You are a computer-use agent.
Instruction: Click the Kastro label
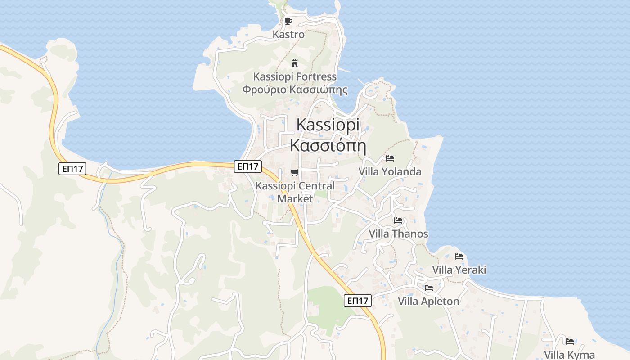(x=288, y=34)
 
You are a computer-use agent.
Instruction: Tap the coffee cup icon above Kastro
(x=288, y=21)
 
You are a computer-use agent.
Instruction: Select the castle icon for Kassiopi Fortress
(x=295, y=63)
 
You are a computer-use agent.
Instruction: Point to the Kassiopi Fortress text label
(x=295, y=76)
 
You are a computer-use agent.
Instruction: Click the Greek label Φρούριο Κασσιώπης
(x=295, y=90)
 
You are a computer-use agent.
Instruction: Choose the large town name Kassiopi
(x=328, y=125)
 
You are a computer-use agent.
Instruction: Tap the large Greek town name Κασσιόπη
(x=328, y=146)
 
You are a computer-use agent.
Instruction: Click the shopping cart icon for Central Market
(x=295, y=172)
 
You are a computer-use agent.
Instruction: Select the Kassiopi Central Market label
(x=295, y=192)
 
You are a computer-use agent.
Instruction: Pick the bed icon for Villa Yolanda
(x=390, y=158)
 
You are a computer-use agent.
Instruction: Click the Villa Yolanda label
(x=390, y=171)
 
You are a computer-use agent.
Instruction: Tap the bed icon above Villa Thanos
(x=398, y=220)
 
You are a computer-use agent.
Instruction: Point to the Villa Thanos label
(x=398, y=234)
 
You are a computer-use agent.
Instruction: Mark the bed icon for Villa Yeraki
(x=459, y=256)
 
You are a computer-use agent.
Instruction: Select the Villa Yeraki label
(x=459, y=270)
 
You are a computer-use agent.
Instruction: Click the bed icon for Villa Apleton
(x=428, y=288)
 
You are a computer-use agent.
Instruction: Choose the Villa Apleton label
(x=428, y=301)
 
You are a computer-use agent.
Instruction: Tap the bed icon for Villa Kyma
(x=570, y=341)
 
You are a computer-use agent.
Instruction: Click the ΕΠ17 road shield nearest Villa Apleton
(x=358, y=301)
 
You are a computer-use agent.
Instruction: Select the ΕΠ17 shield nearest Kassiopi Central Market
(x=247, y=166)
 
